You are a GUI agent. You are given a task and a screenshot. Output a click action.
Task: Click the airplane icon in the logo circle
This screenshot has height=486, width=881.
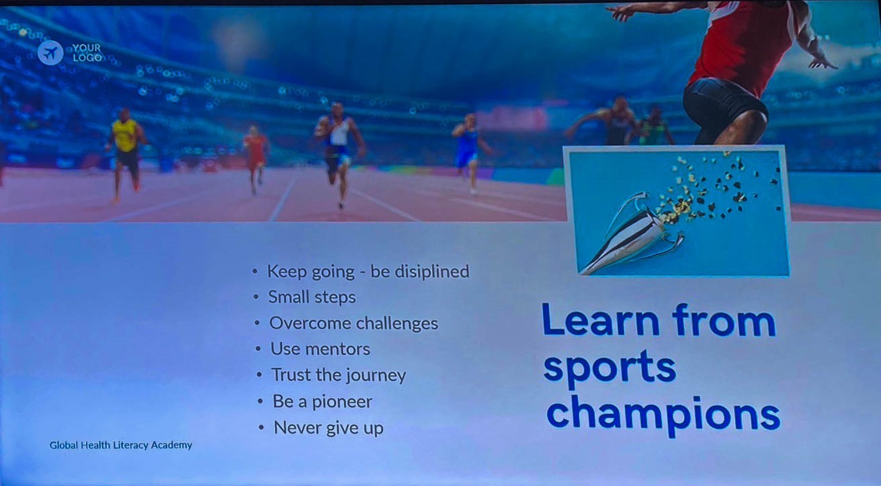(x=50, y=52)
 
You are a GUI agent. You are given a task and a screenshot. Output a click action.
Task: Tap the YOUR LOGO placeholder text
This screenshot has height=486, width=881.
(x=87, y=52)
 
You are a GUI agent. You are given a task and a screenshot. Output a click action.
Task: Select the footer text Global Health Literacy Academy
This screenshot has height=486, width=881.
(x=121, y=445)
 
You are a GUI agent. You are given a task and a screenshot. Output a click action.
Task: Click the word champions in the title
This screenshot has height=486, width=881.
(x=663, y=416)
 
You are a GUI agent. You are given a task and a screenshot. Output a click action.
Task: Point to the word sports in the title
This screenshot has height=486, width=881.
(x=610, y=368)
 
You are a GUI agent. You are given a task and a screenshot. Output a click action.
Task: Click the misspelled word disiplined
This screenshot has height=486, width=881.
(x=432, y=272)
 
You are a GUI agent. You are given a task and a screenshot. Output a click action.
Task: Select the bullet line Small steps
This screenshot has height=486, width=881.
(x=312, y=297)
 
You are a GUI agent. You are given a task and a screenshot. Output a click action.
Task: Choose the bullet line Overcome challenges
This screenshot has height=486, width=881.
(x=353, y=323)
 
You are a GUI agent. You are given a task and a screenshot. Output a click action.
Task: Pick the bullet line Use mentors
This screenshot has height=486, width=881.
(x=320, y=349)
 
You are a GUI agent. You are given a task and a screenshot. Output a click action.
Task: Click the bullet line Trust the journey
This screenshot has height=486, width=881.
(x=339, y=375)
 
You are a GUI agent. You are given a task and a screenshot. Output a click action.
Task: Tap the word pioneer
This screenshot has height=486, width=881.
(x=342, y=402)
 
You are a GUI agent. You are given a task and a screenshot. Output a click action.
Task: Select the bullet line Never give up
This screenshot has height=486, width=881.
(x=329, y=428)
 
